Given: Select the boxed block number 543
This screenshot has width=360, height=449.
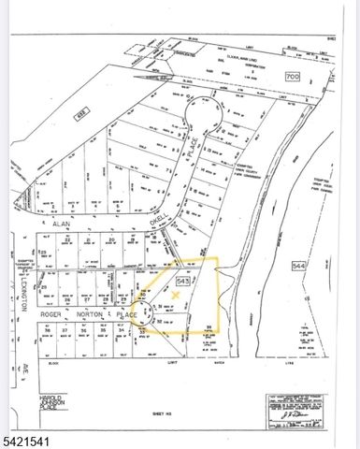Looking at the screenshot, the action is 183,280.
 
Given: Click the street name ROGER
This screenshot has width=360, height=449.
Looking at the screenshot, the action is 50,315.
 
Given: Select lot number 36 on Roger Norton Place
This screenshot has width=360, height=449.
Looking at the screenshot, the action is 46,329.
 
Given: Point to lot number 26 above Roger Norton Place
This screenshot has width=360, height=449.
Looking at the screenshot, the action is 68,299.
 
